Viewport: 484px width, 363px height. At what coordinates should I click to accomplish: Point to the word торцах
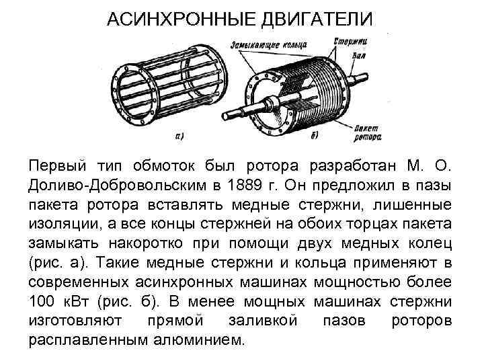[365, 223]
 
